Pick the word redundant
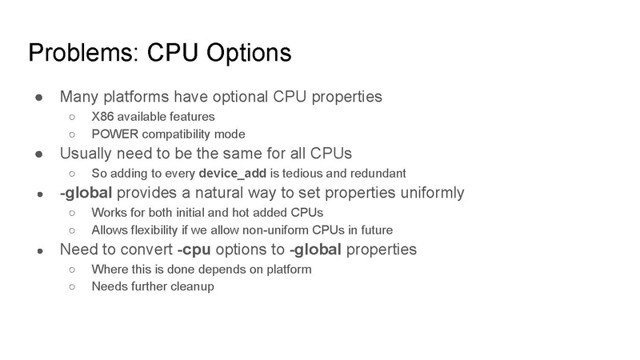378,173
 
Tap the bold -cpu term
195,249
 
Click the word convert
150,249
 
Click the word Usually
86,153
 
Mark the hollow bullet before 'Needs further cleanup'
73,286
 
